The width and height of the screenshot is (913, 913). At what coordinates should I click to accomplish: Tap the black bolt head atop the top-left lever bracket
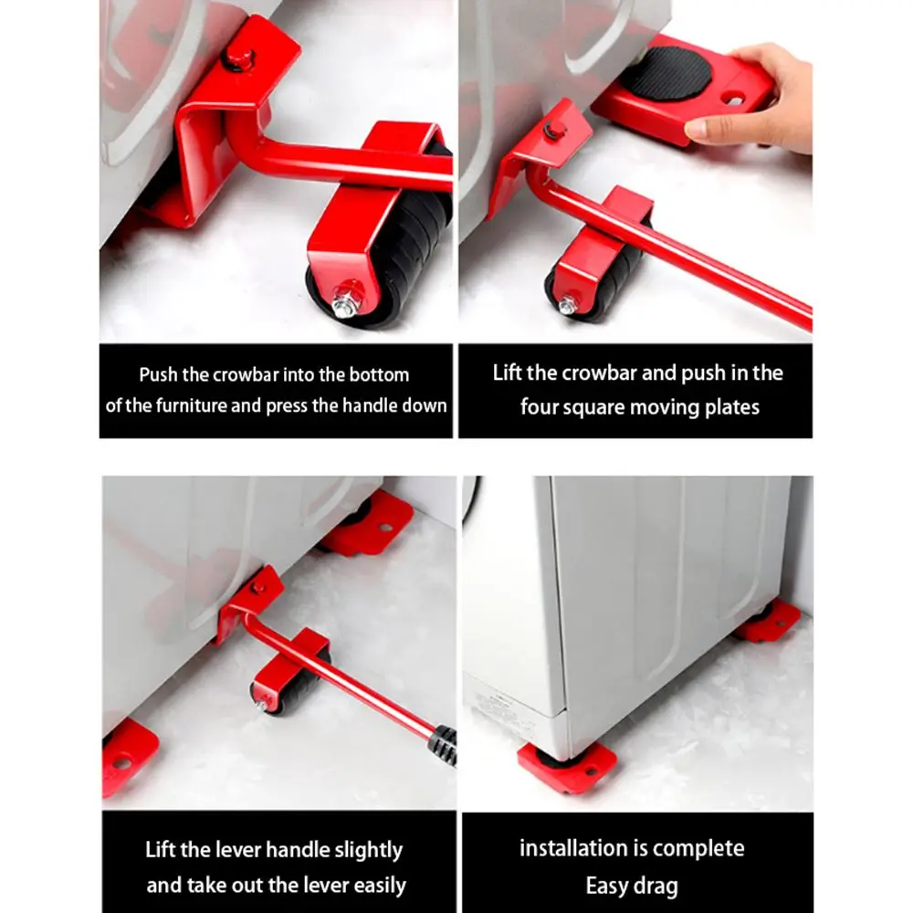237,58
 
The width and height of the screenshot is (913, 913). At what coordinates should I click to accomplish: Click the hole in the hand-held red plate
736,95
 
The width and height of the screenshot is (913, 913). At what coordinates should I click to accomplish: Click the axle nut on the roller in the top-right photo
567,304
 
